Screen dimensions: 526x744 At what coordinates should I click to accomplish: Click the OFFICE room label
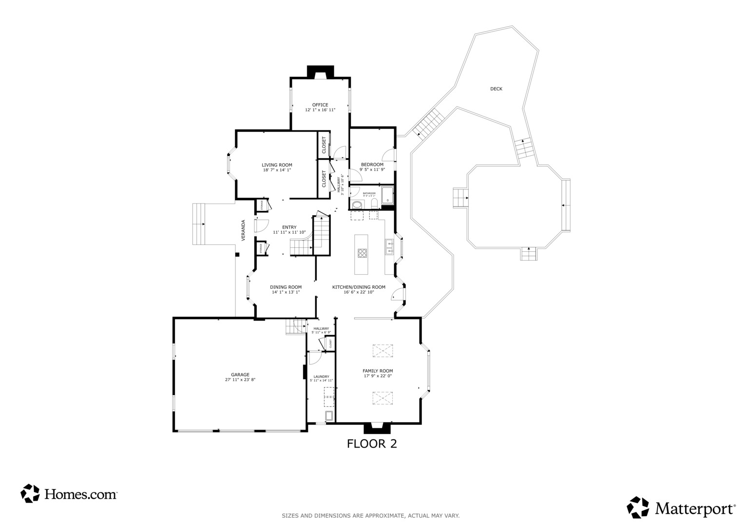(x=320, y=105)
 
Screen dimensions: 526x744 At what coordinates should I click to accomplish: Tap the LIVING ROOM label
(x=277, y=165)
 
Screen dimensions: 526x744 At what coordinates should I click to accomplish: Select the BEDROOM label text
(x=372, y=165)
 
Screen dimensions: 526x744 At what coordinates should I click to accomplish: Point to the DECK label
(x=496, y=89)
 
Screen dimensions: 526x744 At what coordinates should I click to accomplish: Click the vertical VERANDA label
(x=243, y=230)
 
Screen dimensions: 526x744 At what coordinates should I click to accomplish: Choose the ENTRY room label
(x=289, y=227)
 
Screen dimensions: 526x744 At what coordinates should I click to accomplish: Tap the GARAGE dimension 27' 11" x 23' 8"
(x=240, y=380)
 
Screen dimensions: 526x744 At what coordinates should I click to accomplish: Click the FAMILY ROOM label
(x=378, y=371)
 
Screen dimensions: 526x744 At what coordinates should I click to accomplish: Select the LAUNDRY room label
(x=321, y=376)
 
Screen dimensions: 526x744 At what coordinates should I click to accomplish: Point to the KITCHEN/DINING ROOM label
(x=359, y=287)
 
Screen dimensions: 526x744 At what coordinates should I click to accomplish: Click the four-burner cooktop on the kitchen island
(x=362, y=253)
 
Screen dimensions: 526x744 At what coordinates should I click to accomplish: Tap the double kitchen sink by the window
(x=389, y=247)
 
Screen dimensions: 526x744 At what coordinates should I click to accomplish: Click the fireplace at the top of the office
(x=320, y=72)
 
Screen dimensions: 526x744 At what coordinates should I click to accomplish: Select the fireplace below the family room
(x=377, y=428)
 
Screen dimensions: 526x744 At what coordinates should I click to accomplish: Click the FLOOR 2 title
(x=372, y=444)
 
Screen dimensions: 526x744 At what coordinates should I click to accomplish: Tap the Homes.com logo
(x=69, y=494)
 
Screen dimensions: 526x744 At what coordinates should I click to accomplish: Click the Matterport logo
(x=681, y=508)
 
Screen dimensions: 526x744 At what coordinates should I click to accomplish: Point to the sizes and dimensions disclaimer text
(x=370, y=515)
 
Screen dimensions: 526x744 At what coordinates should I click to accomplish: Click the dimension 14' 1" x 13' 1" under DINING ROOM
(x=286, y=292)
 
